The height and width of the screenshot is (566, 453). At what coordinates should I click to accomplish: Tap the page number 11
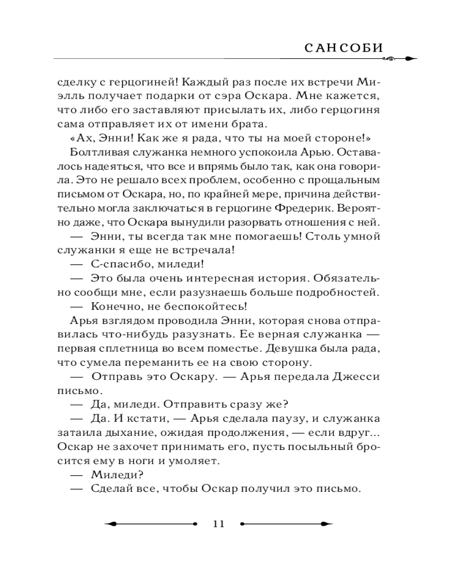tap(219, 524)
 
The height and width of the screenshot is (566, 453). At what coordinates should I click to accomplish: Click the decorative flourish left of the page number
tap(153, 524)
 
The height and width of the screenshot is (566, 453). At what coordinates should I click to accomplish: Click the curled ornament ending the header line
tap(403, 58)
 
